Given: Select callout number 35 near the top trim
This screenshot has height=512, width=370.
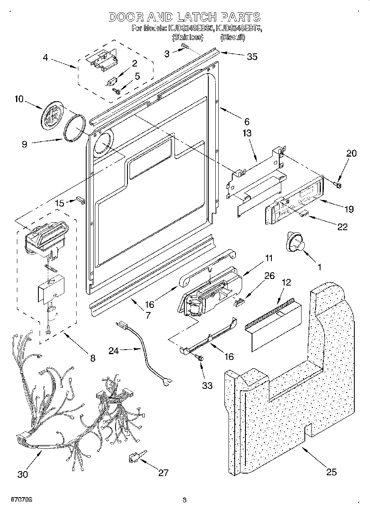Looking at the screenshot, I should (252, 57).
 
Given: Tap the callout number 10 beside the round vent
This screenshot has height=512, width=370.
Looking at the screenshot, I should (19, 99).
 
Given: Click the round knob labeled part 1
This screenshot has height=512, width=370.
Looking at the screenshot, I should (294, 242).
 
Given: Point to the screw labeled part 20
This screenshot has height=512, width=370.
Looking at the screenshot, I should (338, 183).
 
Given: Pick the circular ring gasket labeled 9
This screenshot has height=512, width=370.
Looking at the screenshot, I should (76, 129).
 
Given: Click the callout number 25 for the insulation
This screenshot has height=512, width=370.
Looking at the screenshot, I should (331, 472).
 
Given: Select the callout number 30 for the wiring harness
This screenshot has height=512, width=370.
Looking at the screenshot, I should (23, 474).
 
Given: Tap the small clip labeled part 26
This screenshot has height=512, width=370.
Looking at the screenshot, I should (238, 302).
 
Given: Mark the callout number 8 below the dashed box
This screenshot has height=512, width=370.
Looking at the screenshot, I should (92, 358).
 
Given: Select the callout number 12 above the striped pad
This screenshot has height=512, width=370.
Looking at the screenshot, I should (286, 283).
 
